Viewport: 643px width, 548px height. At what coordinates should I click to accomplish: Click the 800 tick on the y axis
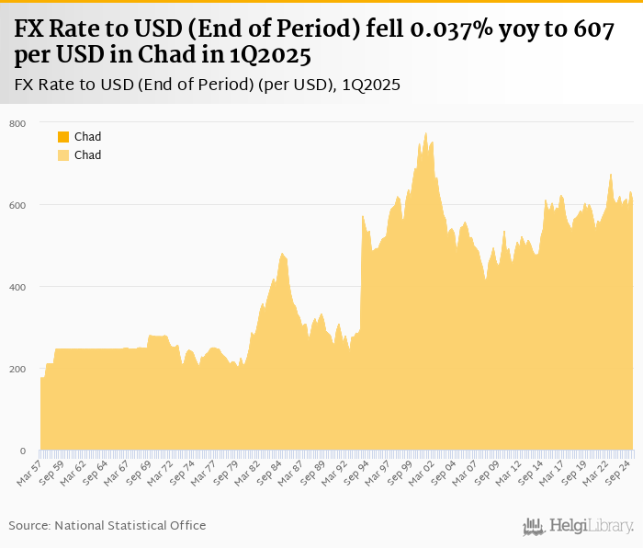[x=18, y=123]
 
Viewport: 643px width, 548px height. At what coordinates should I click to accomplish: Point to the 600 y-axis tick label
[x=18, y=205]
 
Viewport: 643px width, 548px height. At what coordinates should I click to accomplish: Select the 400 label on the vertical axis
[x=18, y=287]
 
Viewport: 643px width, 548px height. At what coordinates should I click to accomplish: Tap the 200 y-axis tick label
[x=18, y=370]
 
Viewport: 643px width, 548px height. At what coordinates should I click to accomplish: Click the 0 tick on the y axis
[x=23, y=451]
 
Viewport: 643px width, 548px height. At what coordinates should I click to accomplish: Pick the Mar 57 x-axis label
[x=30, y=473]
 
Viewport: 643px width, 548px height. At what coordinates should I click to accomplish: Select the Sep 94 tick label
[x=359, y=473]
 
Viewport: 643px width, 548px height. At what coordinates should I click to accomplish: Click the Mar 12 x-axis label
[x=512, y=473]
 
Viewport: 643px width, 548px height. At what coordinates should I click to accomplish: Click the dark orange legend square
[x=63, y=137]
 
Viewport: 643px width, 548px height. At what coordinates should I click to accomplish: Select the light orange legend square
[x=63, y=155]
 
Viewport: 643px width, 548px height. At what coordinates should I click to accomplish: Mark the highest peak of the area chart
[x=425, y=133]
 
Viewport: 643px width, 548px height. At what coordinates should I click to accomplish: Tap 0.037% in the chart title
[x=432, y=29]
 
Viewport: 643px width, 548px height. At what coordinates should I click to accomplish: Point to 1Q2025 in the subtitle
[x=371, y=85]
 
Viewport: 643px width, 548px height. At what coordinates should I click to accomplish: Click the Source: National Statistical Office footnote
[x=107, y=525]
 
